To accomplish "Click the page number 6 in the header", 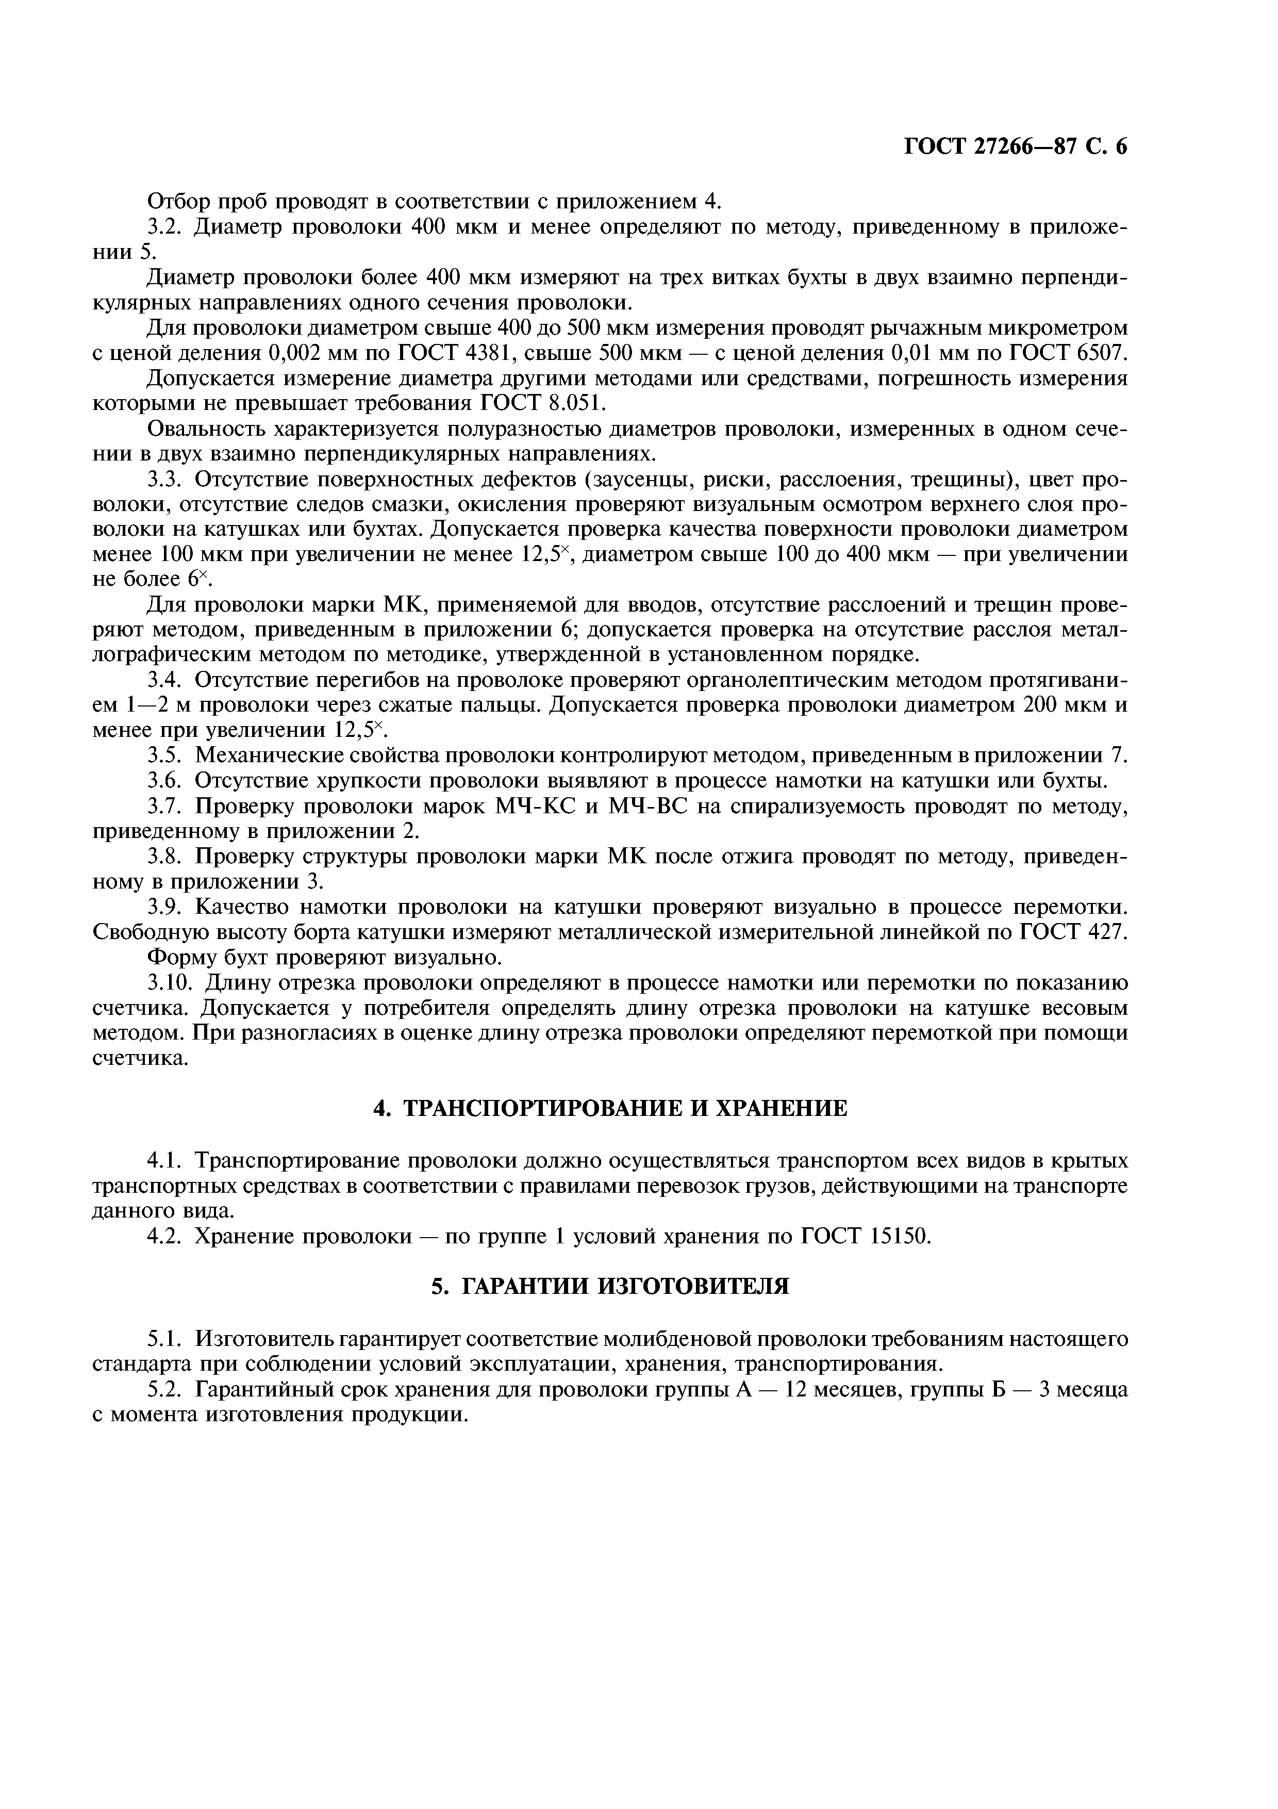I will pos(1121,147).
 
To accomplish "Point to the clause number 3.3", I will pos(165,480).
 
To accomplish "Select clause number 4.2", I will pos(165,1236).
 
